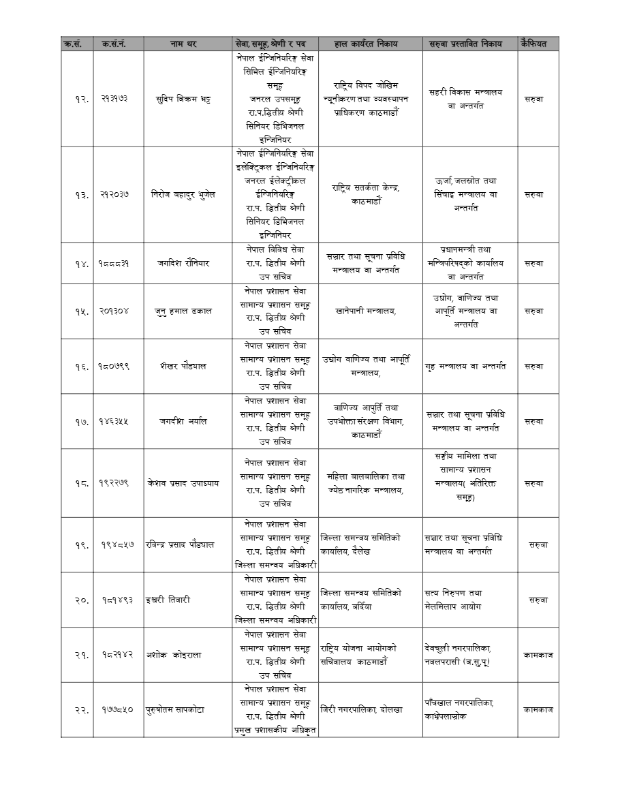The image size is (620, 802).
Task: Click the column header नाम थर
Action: pos(183,44)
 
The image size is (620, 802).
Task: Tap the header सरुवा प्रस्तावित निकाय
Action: pos(469,44)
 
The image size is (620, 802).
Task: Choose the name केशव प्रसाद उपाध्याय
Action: pos(183,483)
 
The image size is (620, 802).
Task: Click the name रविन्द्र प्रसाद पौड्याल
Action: pos(181,544)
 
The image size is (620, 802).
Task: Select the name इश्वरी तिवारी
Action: pos(168,600)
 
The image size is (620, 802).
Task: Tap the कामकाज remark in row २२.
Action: pos(538,709)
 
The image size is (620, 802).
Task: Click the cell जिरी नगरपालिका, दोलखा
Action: pos(362,709)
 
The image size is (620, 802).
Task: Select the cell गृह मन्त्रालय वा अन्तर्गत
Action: pos(469,366)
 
